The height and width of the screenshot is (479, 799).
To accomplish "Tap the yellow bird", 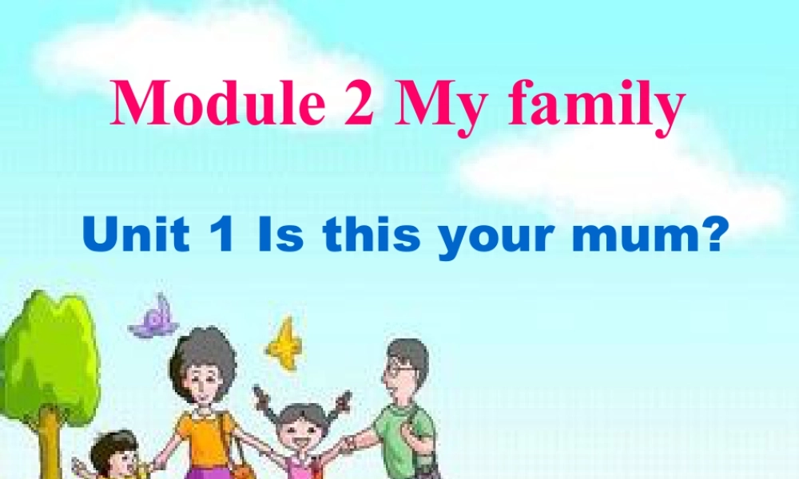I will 284,343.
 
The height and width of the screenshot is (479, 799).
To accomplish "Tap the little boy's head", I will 113,453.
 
